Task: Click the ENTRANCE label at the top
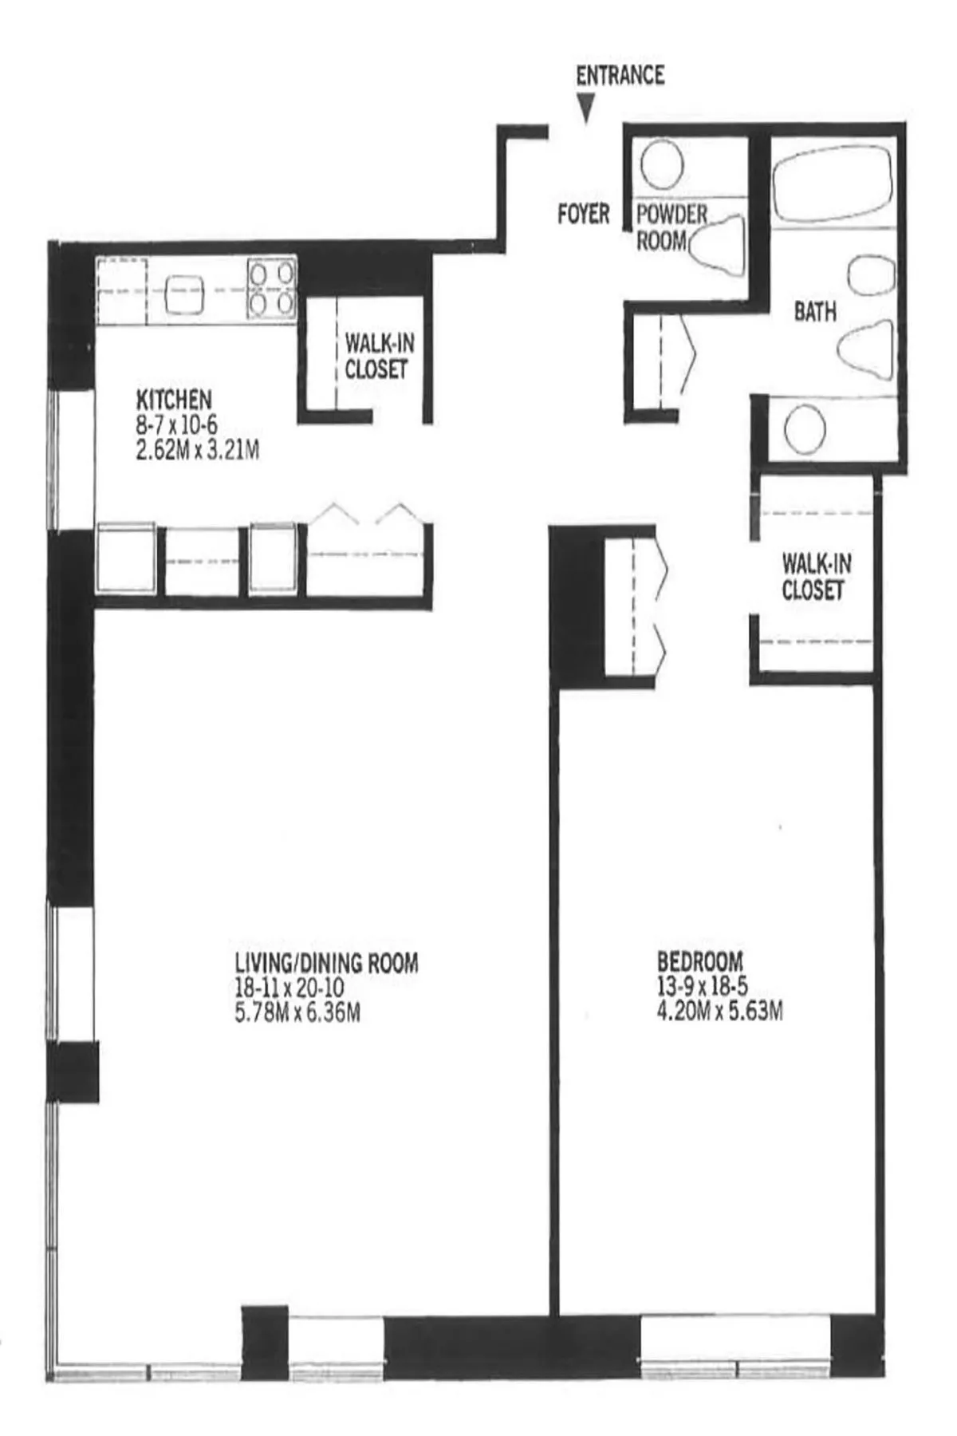pyautogui.click(x=620, y=75)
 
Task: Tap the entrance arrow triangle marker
pyautogui.click(x=587, y=108)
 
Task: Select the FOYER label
pyautogui.click(x=583, y=214)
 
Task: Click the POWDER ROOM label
pyautogui.click(x=670, y=227)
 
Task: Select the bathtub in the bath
pyautogui.click(x=832, y=183)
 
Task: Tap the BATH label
pyautogui.click(x=815, y=312)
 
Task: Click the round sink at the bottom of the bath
pyautogui.click(x=804, y=430)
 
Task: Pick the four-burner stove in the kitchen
pyautogui.click(x=271, y=289)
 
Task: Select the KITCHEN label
pyautogui.click(x=174, y=399)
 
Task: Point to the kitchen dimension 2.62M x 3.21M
pyautogui.click(x=198, y=452)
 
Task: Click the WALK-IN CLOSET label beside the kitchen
pyautogui.click(x=379, y=357)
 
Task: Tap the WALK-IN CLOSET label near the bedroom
pyautogui.click(x=815, y=577)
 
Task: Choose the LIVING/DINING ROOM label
pyautogui.click(x=326, y=963)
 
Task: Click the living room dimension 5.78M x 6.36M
pyautogui.click(x=297, y=1012)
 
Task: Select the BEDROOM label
pyautogui.click(x=699, y=961)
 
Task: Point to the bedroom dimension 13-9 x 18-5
pyautogui.click(x=702, y=986)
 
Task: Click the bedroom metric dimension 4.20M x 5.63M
pyautogui.click(x=719, y=1012)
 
